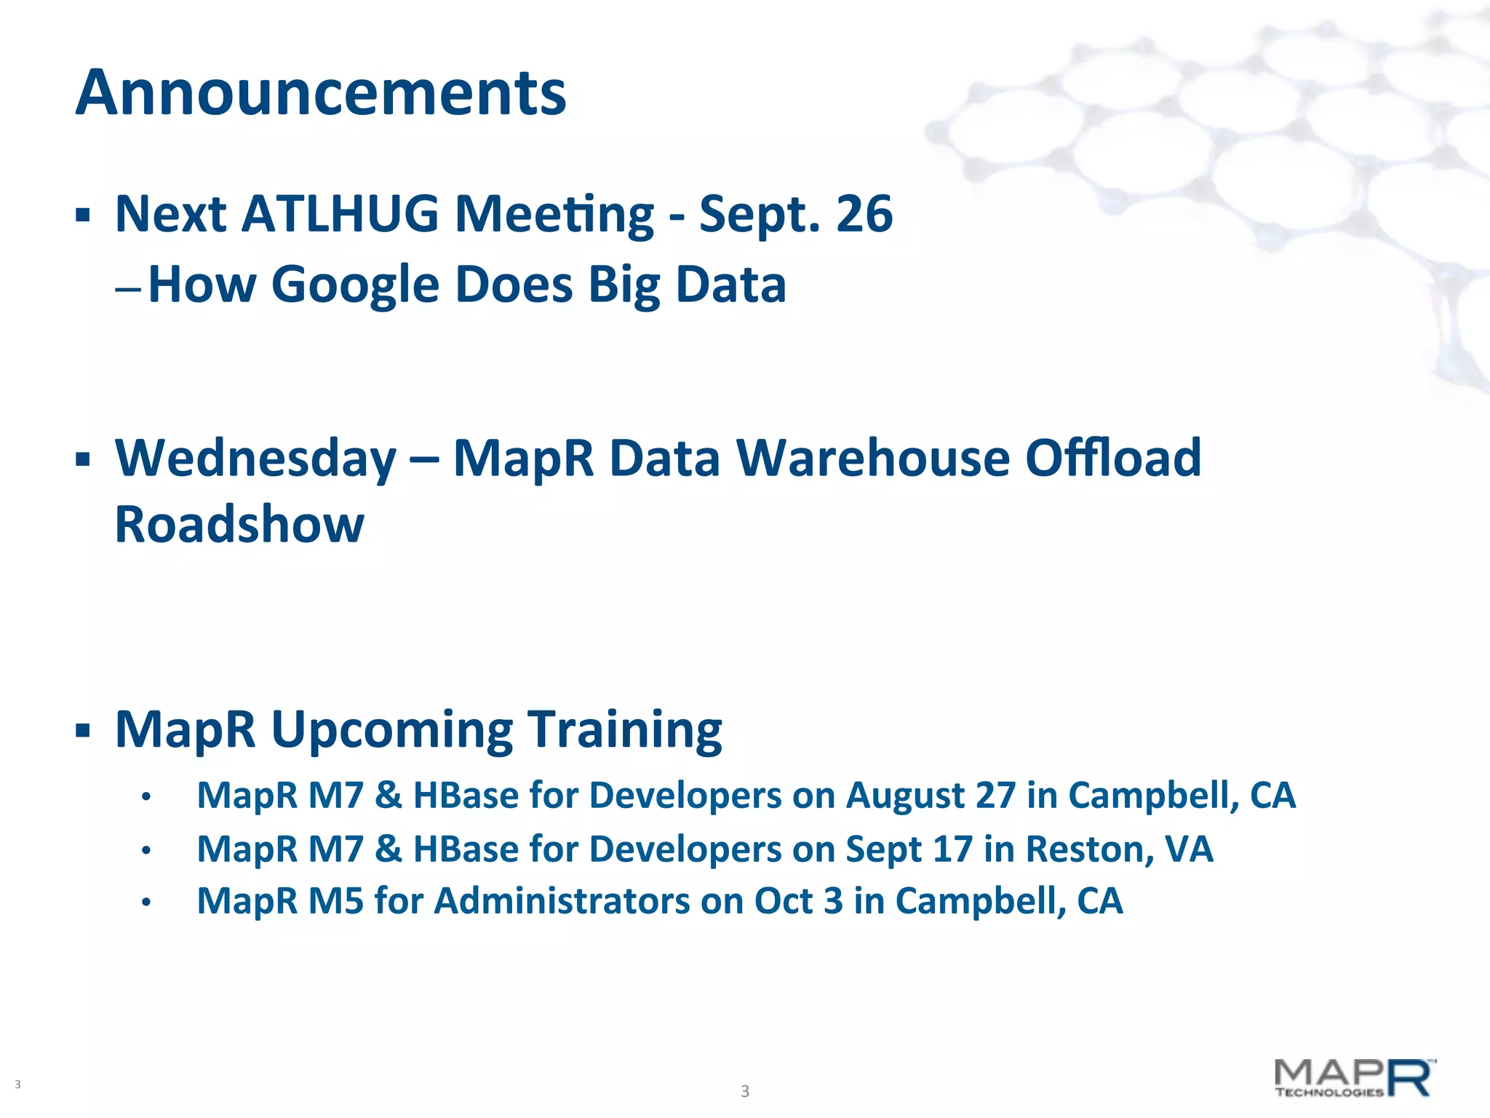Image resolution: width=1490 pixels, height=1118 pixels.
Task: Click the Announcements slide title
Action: click(x=320, y=93)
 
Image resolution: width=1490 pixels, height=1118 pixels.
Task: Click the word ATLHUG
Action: click(x=340, y=214)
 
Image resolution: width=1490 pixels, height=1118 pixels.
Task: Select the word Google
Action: click(x=355, y=285)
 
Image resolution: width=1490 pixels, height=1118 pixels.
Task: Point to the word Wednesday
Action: click(x=255, y=459)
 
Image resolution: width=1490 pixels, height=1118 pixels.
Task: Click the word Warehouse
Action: click(x=872, y=459)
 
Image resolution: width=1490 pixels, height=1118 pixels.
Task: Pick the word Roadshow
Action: click(x=239, y=524)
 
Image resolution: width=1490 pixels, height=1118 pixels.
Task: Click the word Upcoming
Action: click(x=392, y=729)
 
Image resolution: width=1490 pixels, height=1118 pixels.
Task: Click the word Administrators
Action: click(x=562, y=901)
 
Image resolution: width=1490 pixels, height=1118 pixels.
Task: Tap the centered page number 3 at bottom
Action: click(x=744, y=1091)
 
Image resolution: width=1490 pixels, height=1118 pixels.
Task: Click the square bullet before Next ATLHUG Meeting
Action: click(x=83, y=215)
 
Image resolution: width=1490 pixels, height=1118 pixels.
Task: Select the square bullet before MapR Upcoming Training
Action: click(x=83, y=730)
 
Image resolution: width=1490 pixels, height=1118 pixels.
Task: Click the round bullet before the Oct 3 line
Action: click(x=146, y=903)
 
